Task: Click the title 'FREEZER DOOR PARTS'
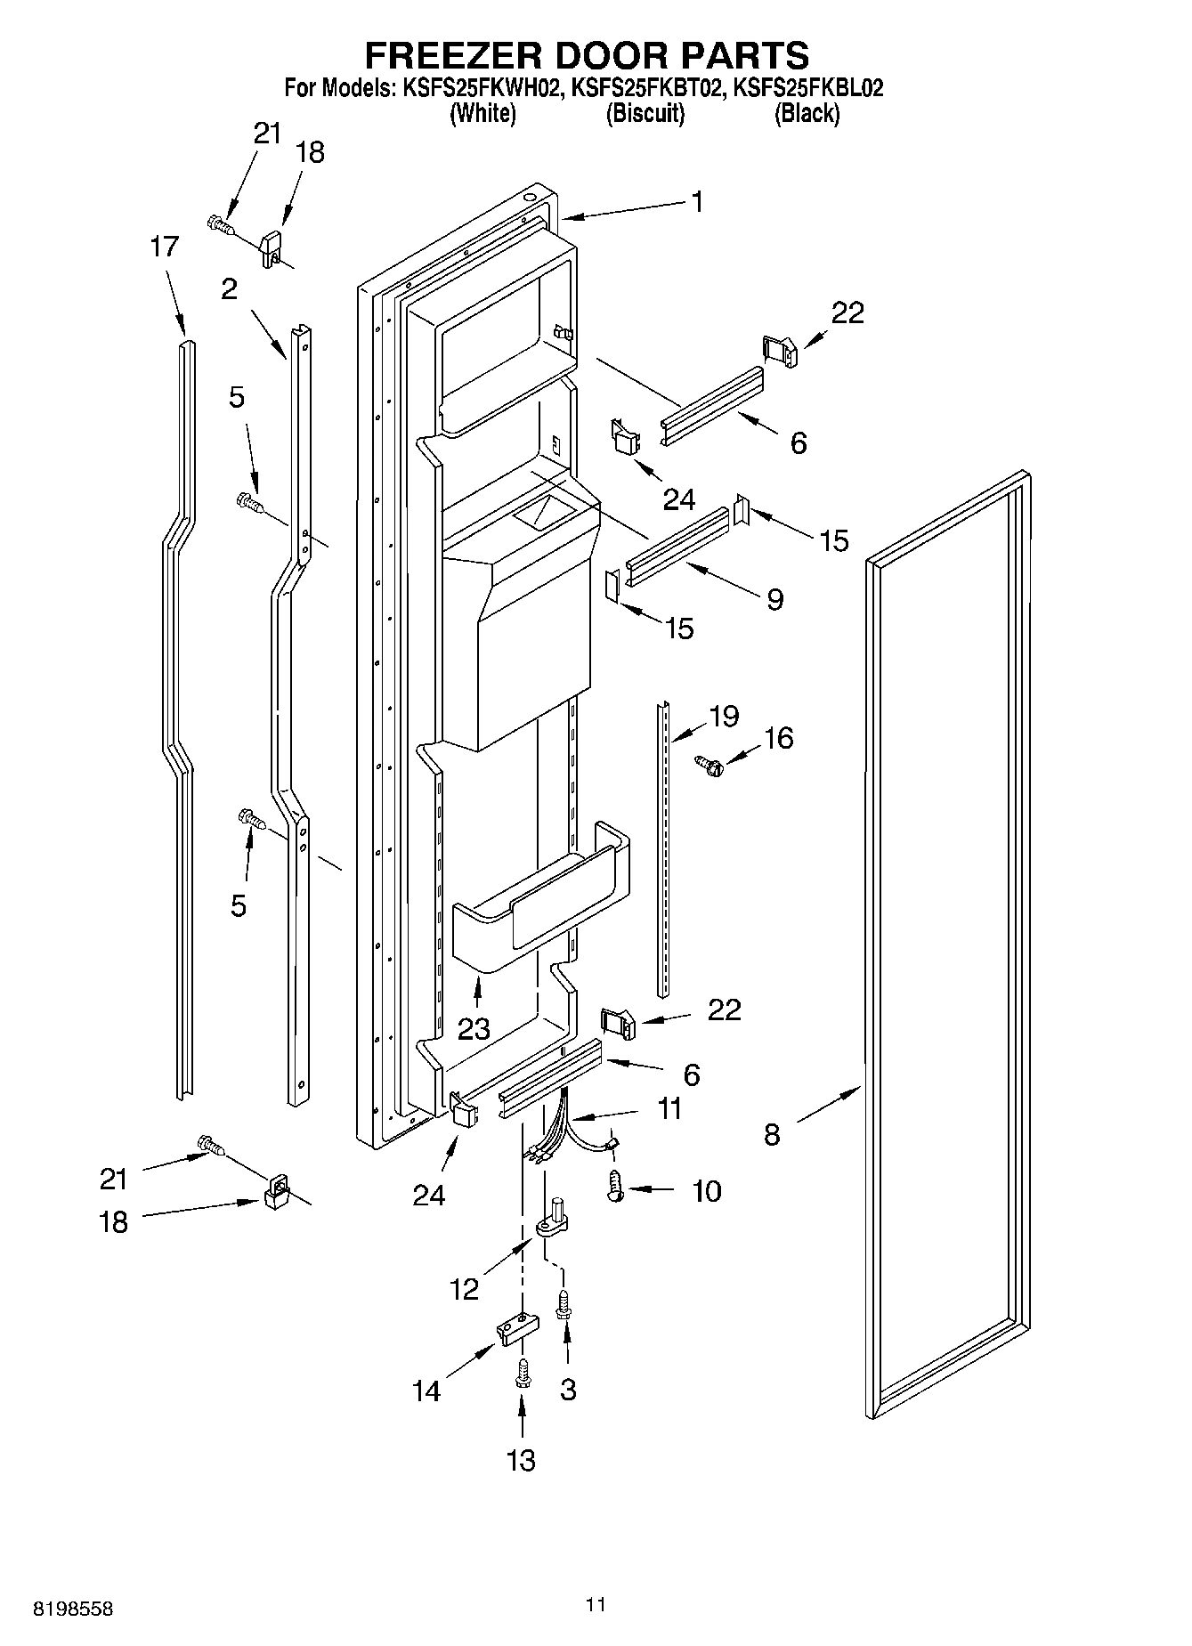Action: (587, 55)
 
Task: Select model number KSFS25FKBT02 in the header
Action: (644, 88)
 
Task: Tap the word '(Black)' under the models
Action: (806, 113)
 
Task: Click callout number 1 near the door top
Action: (697, 202)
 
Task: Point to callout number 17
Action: (164, 247)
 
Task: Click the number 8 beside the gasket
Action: (772, 1134)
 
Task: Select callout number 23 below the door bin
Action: (474, 1029)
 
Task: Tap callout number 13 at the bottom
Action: (522, 1460)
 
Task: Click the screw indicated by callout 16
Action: (708, 762)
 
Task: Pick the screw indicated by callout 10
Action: (614, 1187)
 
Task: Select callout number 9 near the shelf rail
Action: (774, 599)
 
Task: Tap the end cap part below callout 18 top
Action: (271, 249)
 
